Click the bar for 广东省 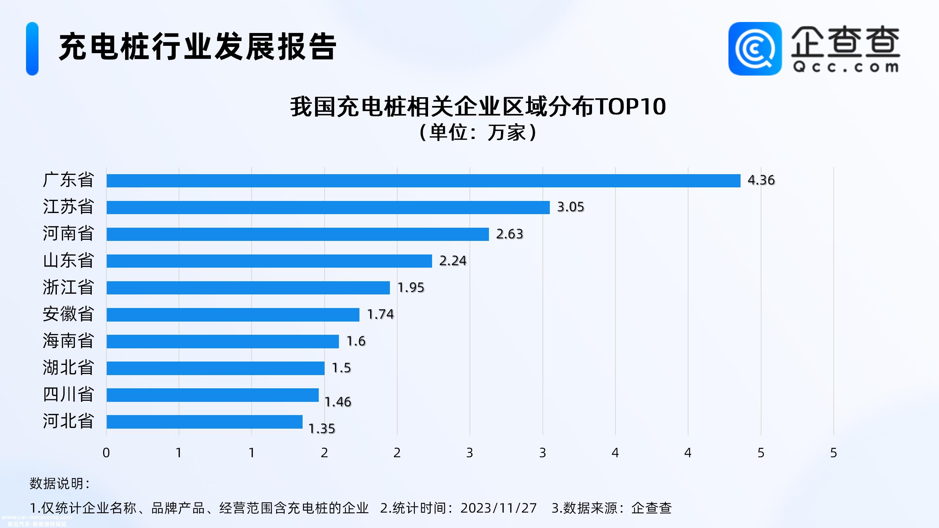pyautogui.click(x=423, y=181)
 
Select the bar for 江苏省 pyautogui.click(x=328, y=208)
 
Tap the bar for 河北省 pyautogui.click(x=204, y=422)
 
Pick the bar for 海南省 pyautogui.click(x=223, y=341)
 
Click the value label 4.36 pyautogui.click(x=761, y=180)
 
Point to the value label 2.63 pyautogui.click(x=509, y=234)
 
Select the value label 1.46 pyautogui.click(x=338, y=402)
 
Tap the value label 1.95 pyautogui.click(x=411, y=287)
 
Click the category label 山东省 pyautogui.click(x=69, y=261)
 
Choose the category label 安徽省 pyautogui.click(x=69, y=314)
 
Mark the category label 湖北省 pyautogui.click(x=69, y=368)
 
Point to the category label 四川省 pyautogui.click(x=69, y=395)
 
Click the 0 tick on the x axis pyautogui.click(x=106, y=453)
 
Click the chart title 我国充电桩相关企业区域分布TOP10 pyautogui.click(x=478, y=107)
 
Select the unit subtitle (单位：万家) pyautogui.click(x=478, y=132)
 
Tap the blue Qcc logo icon pyautogui.click(x=755, y=49)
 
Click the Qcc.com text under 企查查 pyautogui.click(x=845, y=67)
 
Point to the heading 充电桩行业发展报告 pyautogui.click(x=198, y=47)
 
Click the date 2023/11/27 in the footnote pyautogui.click(x=498, y=508)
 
